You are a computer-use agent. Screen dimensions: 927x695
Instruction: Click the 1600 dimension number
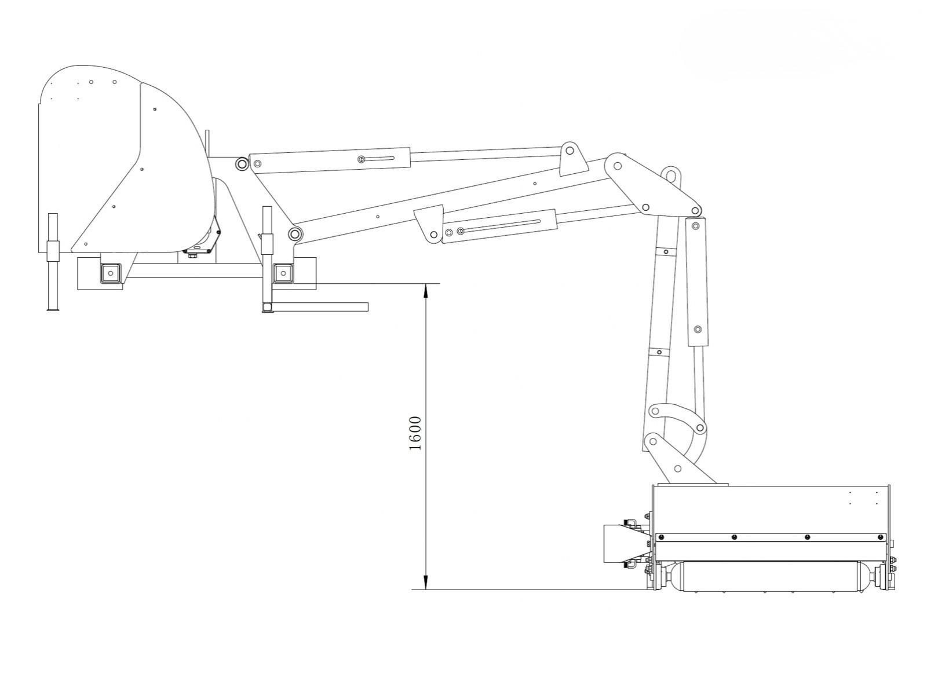tap(415, 433)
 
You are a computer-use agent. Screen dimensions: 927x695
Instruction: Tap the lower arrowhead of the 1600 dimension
tap(426, 582)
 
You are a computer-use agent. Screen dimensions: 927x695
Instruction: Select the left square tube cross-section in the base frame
tap(111, 273)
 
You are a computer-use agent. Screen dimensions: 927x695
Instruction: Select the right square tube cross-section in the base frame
tap(283, 273)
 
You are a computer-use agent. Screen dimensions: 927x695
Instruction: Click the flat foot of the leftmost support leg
tap(53, 310)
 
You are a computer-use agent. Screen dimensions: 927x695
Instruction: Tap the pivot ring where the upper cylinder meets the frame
tap(242, 164)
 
